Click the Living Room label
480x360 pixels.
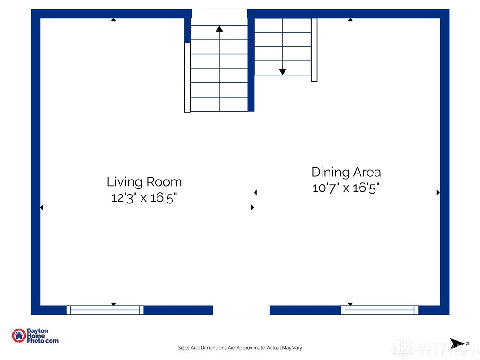(x=144, y=182)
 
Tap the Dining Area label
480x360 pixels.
(x=346, y=172)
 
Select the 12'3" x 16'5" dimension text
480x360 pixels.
(x=144, y=198)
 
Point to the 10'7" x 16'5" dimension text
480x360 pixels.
(x=345, y=188)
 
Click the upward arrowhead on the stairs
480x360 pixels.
(x=219, y=29)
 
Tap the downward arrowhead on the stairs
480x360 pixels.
(x=283, y=72)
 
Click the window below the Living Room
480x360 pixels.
(x=105, y=310)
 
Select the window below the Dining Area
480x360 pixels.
(x=380, y=310)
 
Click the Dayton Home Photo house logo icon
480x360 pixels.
(x=19, y=336)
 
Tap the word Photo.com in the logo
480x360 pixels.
(x=43, y=341)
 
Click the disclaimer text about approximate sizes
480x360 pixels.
(x=240, y=348)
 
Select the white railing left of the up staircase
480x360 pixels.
(x=187, y=77)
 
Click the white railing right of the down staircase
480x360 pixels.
(x=314, y=50)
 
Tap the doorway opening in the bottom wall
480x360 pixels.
(x=241, y=310)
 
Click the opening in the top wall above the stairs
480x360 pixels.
(x=219, y=14)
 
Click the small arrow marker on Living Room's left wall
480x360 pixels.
(x=42, y=207)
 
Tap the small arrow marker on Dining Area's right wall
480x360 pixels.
(x=438, y=192)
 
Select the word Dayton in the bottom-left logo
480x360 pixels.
(x=37, y=331)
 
